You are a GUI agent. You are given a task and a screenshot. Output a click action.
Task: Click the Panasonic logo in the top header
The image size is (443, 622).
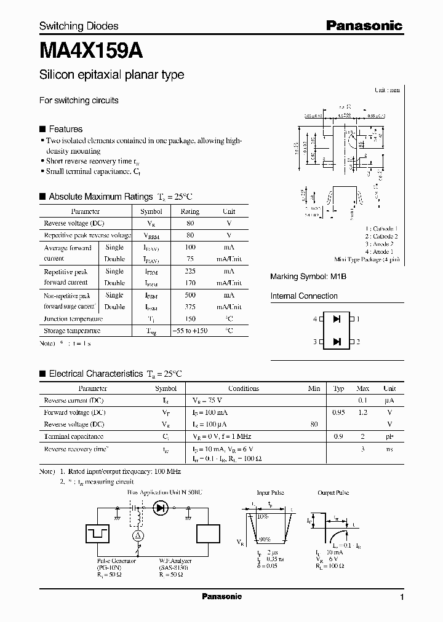click(x=364, y=25)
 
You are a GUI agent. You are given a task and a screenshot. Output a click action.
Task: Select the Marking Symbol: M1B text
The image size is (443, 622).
click(x=308, y=277)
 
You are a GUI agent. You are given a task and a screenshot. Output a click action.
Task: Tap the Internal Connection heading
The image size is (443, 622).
click(x=304, y=296)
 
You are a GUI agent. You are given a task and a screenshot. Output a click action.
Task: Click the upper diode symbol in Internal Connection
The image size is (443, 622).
click(x=337, y=320)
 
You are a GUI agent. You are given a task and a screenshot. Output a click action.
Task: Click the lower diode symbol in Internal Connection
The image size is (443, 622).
click(x=337, y=342)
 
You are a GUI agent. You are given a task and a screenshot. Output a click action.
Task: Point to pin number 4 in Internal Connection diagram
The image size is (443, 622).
click(x=315, y=320)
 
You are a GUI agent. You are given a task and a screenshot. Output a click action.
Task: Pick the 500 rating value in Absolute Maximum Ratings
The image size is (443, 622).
click(x=190, y=295)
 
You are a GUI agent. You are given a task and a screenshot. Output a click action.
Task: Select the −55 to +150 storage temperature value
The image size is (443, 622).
click(x=190, y=331)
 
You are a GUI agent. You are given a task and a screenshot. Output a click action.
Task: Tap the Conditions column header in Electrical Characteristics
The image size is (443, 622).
click(x=244, y=388)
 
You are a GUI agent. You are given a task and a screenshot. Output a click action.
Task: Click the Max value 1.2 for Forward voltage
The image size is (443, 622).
click(x=363, y=412)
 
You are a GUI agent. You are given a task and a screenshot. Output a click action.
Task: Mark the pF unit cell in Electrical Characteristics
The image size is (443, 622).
click(x=389, y=436)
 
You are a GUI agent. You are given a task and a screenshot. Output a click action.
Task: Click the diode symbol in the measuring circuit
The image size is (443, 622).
click(x=161, y=508)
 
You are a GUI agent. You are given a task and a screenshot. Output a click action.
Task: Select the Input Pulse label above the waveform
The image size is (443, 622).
click(x=271, y=493)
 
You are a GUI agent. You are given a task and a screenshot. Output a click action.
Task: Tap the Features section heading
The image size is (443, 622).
click(x=65, y=129)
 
